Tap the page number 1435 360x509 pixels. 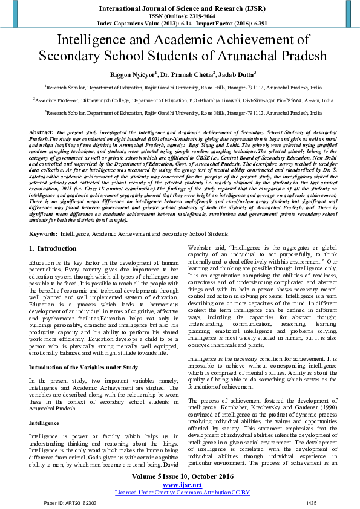pyautogui.click(x=312, y=503)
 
